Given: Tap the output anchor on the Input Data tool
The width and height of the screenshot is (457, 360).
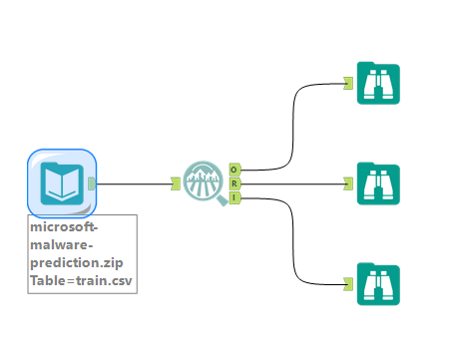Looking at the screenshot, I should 92,182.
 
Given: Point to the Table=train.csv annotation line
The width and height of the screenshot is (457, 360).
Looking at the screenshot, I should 80,281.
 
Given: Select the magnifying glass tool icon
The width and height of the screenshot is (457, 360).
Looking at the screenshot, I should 206,183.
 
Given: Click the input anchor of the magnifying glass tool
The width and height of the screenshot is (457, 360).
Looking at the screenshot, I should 176,183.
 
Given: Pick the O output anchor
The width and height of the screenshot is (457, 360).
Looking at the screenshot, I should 234,170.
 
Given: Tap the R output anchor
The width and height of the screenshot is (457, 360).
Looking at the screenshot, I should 234,183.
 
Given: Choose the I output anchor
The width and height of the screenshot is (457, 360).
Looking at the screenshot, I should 234,197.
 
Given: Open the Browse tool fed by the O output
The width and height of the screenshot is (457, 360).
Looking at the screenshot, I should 378,84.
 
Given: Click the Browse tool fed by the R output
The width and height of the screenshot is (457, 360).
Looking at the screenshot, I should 378,183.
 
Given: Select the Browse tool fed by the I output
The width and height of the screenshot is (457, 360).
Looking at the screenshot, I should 378,283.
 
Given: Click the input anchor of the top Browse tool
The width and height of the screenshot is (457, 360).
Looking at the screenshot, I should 348,84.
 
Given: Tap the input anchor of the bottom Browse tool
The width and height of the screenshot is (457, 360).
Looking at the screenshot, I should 348,283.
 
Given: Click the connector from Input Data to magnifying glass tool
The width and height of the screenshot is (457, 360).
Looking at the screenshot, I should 135,183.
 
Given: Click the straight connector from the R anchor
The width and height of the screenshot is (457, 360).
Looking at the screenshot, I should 294,183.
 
